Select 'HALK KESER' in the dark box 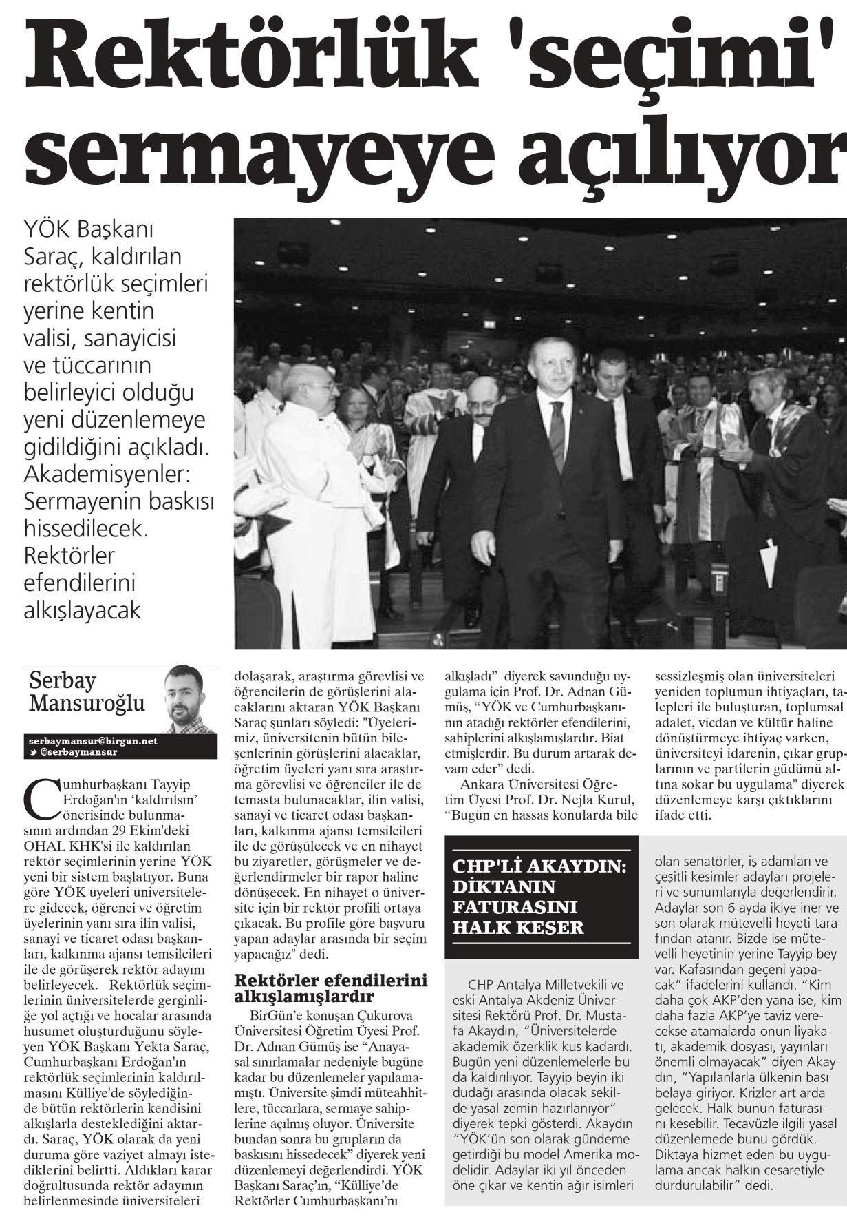(518, 926)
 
